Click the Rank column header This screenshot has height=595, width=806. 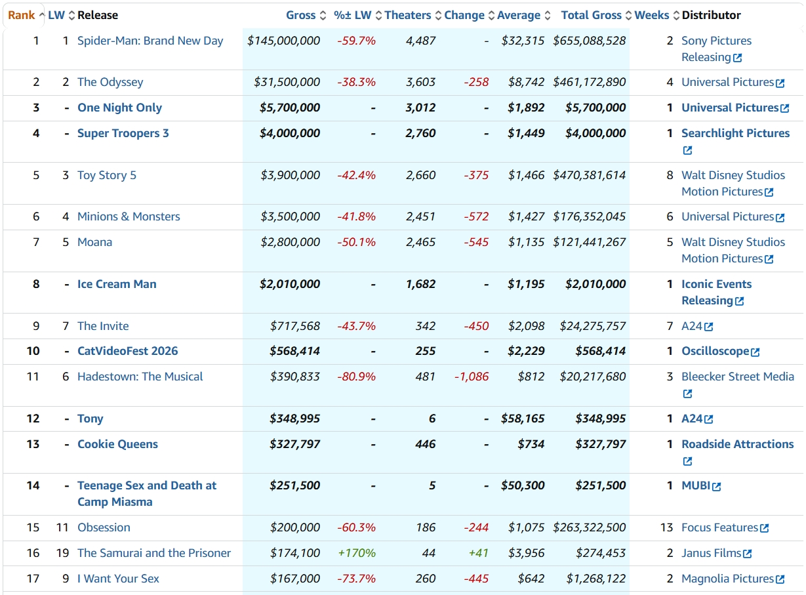click(x=22, y=15)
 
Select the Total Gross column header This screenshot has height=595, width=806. click(x=592, y=15)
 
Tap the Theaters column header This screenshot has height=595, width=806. click(x=408, y=15)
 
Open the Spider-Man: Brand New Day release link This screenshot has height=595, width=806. click(x=150, y=41)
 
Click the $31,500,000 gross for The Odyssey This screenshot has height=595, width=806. click(x=287, y=82)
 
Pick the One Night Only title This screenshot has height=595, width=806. click(x=119, y=108)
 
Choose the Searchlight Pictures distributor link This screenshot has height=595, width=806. click(x=736, y=133)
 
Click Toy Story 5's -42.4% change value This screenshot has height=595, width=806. click(x=356, y=175)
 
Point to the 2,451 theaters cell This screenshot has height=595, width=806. click(x=420, y=216)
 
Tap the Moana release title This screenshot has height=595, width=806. click(x=95, y=242)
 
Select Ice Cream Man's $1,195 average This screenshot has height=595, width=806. click(x=526, y=284)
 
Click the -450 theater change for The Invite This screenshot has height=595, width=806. click(x=476, y=326)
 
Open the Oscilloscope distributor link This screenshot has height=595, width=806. click(x=715, y=351)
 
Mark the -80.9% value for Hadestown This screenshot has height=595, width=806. click(x=356, y=377)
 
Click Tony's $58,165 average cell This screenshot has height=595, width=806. click(x=523, y=419)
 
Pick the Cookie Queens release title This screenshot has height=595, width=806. click(x=118, y=444)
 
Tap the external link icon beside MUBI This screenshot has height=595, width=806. click(x=716, y=487)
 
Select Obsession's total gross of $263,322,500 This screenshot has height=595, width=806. click(x=590, y=527)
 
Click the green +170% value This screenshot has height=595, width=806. click(x=357, y=553)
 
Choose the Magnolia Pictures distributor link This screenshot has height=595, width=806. click(x=727, y=579)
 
